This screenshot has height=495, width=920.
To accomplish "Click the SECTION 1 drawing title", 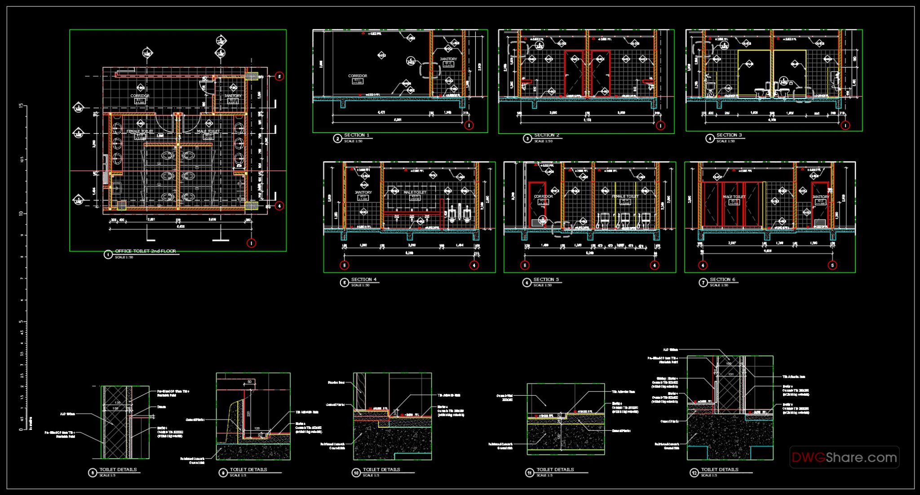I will (357, 135).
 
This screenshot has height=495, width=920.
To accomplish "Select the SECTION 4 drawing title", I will (364, 279).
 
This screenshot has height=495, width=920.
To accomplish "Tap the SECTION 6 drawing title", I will (722, 279).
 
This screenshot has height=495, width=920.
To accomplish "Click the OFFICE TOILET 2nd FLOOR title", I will (146, 251).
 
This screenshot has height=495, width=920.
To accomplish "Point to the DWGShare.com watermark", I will (844, 457).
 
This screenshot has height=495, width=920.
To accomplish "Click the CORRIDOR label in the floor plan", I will (140, 96).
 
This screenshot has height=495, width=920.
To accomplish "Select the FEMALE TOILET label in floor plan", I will (140, 131).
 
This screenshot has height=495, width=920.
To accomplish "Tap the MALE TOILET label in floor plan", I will (208, 131).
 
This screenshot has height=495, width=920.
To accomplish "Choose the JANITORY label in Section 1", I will (448, 59).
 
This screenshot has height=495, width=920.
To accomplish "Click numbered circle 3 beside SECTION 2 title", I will (527, 138).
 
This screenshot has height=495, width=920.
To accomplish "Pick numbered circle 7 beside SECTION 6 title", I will (703, 283).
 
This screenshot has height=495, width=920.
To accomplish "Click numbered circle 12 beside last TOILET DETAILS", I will (694, 473).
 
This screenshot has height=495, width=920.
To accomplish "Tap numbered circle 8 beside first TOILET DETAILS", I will (93, 473).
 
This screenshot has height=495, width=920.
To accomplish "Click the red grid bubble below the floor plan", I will (252, 243).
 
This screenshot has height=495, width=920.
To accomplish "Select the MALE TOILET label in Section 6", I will (734, 197).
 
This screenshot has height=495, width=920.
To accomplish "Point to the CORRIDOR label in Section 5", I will (543, 196).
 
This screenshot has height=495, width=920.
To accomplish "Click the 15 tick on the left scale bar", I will (21, 106).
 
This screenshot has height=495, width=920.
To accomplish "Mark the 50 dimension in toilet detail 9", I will (249, 382).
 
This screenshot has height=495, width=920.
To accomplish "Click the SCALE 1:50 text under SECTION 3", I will (725, 141).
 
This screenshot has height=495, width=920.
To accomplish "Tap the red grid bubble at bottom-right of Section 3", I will (845, 125).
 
